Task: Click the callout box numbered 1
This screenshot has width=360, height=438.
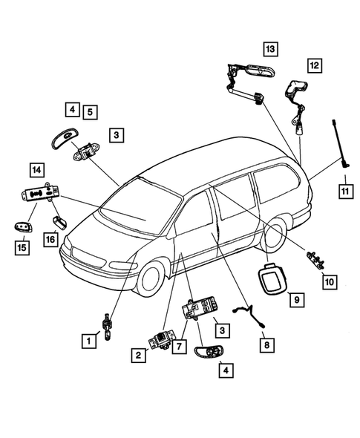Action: point(88,341)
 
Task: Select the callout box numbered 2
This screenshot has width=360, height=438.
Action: point(139,356)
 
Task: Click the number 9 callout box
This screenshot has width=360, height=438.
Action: point(295,300)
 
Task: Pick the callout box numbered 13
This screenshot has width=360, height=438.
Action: point(269,49)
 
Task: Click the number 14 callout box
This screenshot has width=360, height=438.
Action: point(35,169)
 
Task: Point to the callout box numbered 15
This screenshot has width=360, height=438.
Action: point(22,246)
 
